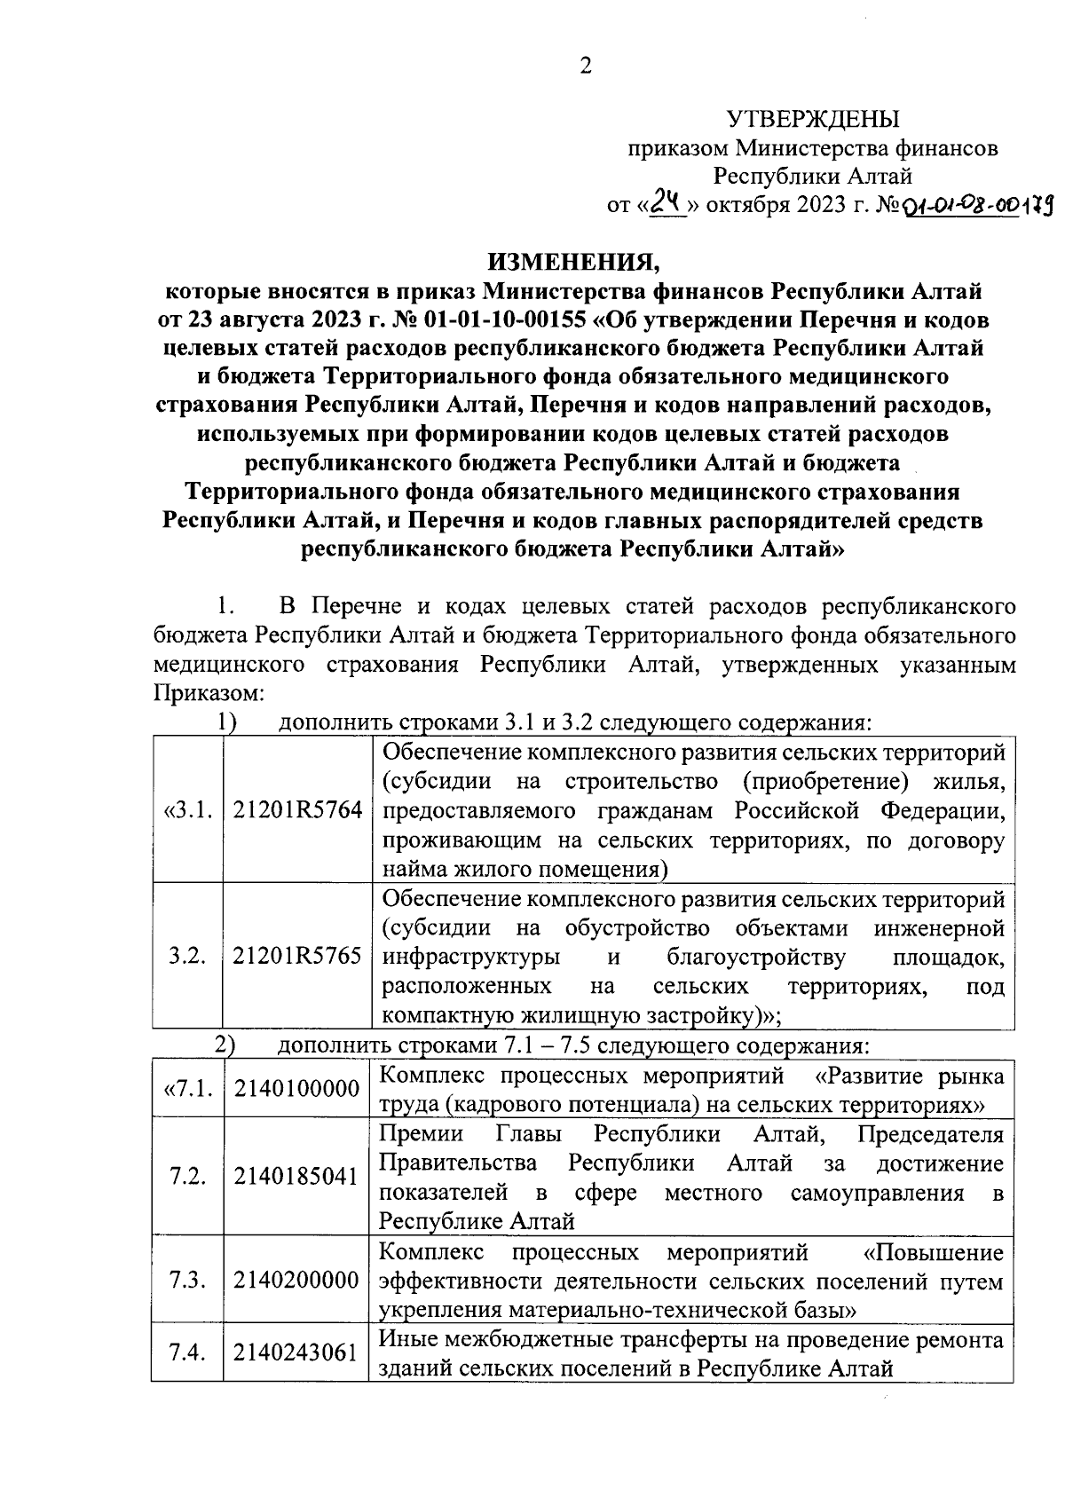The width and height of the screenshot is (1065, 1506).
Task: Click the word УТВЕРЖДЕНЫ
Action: coord(812,119)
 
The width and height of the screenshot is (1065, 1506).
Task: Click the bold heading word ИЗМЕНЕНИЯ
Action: coord(573,262)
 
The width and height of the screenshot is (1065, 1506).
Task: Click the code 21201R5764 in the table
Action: coord(297,810)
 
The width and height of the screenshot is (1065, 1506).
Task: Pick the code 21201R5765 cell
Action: coord(297,957)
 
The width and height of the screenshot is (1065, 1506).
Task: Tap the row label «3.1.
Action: coord(188,810)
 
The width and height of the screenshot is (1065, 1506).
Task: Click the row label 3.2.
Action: coord(188,957)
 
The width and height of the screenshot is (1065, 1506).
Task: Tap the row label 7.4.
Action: coord(188,1352)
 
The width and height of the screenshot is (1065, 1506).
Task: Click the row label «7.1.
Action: coord(188,1090)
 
